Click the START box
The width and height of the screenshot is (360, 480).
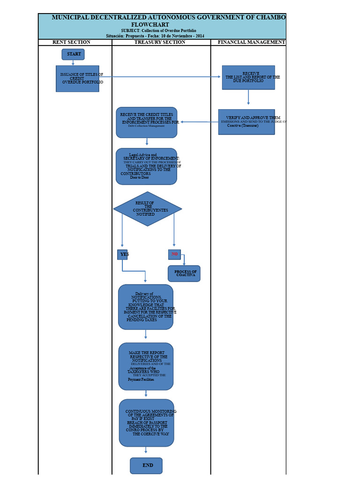click(73, 54)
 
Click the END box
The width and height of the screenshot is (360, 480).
click(146, 465)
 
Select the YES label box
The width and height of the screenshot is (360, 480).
click(122, 255)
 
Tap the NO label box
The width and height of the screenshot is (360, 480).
click(174, 255)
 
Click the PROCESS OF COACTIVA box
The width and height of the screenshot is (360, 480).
click(184, 274)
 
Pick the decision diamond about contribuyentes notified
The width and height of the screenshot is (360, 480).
click(148, 209)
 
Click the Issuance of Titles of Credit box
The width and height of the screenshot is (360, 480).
click(77, 78)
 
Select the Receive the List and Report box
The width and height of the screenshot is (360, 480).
click(248, 77)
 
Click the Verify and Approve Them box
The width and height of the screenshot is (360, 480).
click(247, 122)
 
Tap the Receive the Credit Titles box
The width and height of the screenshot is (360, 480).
click(147, 122)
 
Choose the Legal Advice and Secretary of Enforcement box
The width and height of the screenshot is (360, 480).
click(147, 166)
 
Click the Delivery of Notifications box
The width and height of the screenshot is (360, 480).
click(146, 307)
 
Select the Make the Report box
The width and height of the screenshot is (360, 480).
click(146, 366)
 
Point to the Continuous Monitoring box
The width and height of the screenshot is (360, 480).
click(146, 423)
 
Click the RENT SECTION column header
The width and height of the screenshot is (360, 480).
click(71, 42)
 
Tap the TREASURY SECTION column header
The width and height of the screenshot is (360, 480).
click(160, 42)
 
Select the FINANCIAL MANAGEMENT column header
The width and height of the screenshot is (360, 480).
click(251, 42)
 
